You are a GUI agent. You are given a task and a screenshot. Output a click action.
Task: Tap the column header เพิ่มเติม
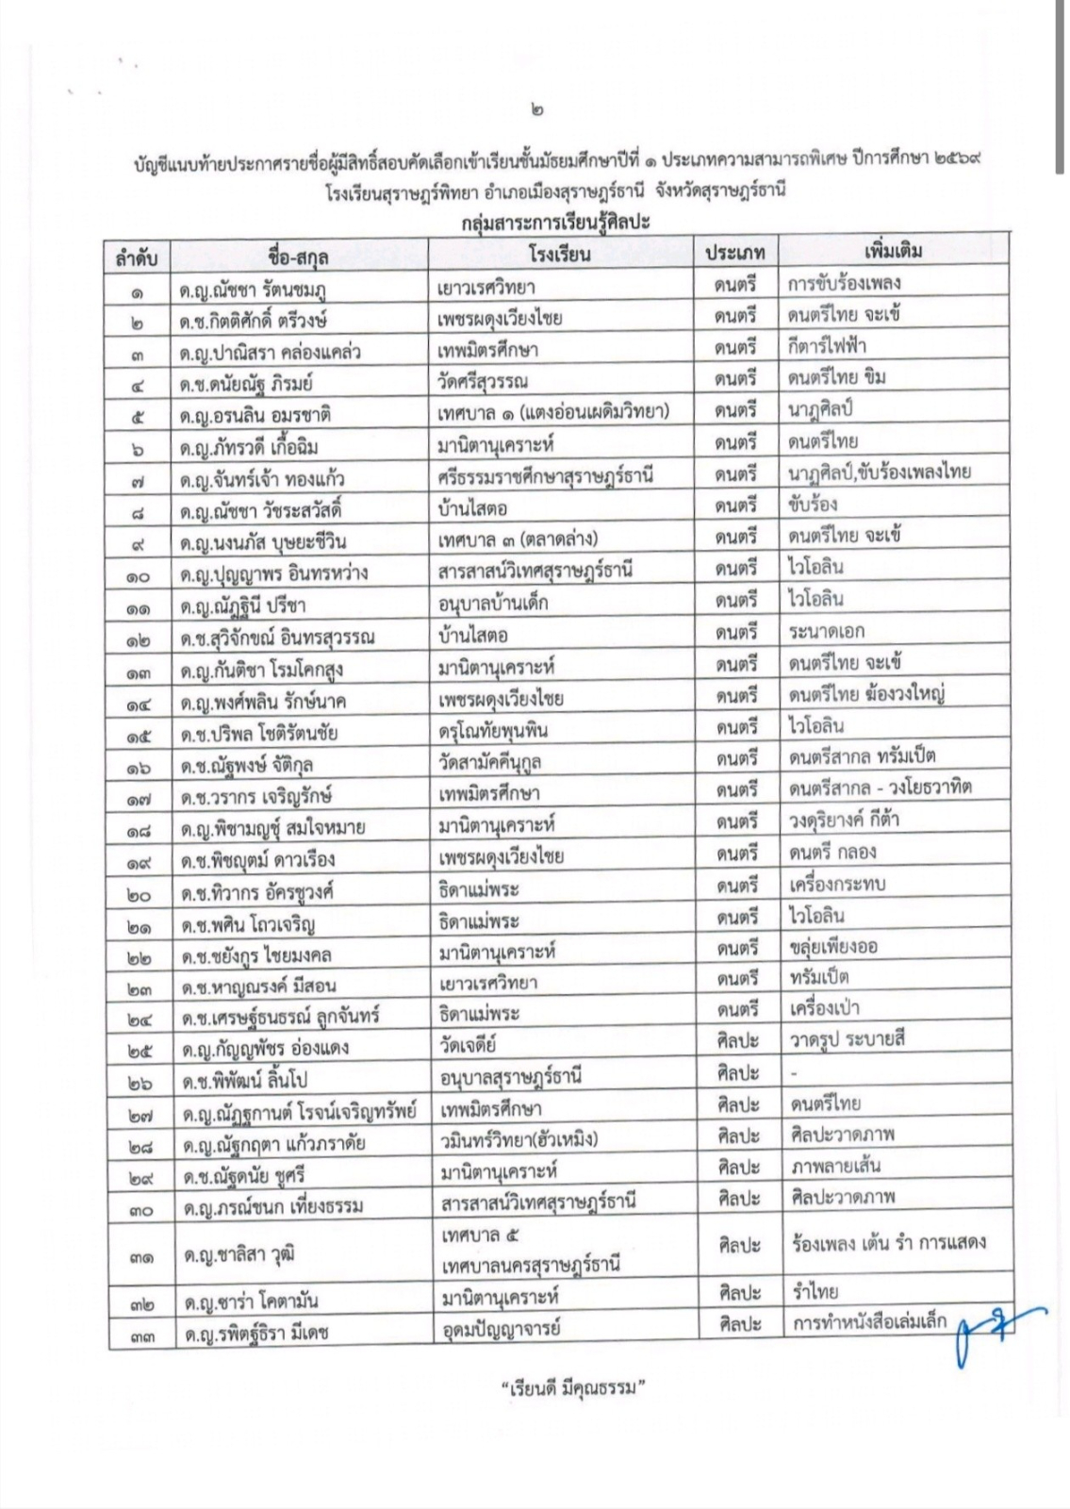click(892, 252)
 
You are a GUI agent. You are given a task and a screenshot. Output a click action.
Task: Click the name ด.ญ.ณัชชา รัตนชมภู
click(255, 289)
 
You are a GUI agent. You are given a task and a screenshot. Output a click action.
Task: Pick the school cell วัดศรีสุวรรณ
click(483, 381)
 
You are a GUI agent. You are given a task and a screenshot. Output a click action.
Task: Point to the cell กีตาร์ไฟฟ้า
click(827, 345)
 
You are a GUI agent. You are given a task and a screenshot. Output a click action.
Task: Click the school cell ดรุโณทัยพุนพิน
click(493, 730)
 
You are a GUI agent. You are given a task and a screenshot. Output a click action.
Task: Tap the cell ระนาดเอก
click(827, 631)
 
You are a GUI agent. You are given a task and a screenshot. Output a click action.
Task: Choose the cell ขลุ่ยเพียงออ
click(833, 946)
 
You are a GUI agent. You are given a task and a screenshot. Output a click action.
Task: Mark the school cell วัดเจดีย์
click(469, 1045)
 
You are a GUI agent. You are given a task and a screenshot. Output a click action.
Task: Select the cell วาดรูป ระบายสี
click(848, 1040)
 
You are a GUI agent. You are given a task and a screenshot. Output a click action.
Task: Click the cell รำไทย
click(815, 1291)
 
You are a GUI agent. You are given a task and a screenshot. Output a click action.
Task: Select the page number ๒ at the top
click(536, 110)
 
